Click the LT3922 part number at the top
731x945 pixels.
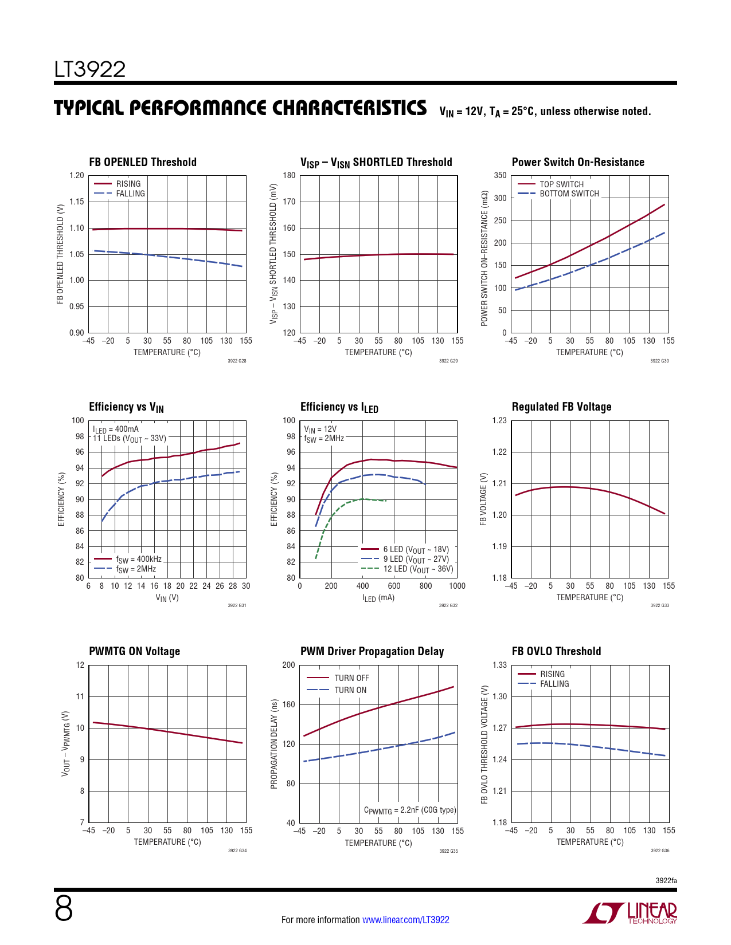[x=90, y=69]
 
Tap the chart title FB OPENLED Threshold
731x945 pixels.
[x=143, y=162]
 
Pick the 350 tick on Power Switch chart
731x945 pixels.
[x=501, y=176]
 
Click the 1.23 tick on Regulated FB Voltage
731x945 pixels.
[x=500, y=420]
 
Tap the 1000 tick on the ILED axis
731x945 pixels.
[x=457, y=586]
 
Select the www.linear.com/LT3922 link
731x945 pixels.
[x=406, y=920]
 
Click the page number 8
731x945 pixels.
[x=64, y=909]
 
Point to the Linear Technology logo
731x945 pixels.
[x=630, y=913]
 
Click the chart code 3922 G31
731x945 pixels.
[x=237, y=605]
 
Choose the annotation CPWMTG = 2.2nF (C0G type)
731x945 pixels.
[x=410, y=810]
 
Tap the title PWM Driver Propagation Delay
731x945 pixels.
[x=372, y=651]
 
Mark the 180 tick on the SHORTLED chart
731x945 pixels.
[x=289, y=176]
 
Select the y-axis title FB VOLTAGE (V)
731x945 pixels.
[x=483, y=499]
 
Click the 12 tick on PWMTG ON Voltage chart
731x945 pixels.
[x=80, y=665]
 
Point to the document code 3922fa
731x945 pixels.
[x=666, y=880]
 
